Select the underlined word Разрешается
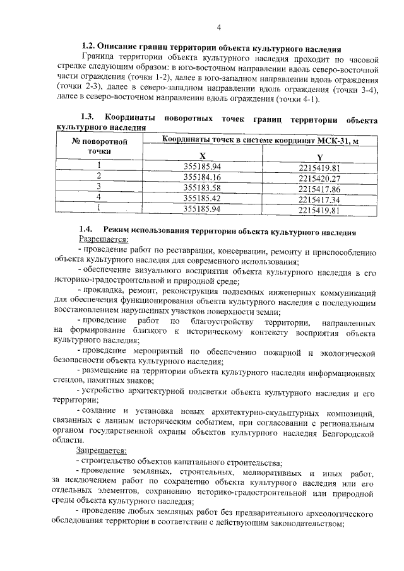click(103, 240)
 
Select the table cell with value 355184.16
click(201, 177)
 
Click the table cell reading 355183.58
click(201, 188)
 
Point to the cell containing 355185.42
click(201, 198)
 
